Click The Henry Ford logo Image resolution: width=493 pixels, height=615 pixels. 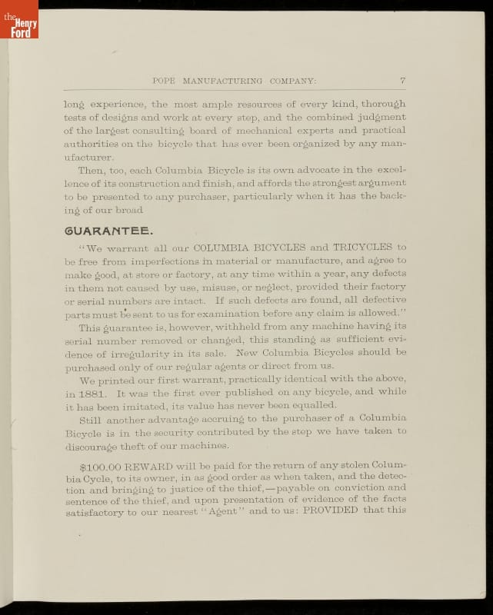pos(18,20)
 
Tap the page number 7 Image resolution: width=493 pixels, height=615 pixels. pos(402,80)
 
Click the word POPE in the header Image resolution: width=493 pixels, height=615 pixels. pos(165,80)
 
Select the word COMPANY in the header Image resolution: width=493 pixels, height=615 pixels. pos(289,80)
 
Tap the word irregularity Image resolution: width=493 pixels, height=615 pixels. pos(140,352)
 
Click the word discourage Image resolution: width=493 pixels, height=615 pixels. pos(92,446)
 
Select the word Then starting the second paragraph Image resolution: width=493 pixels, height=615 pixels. pos(92,169)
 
